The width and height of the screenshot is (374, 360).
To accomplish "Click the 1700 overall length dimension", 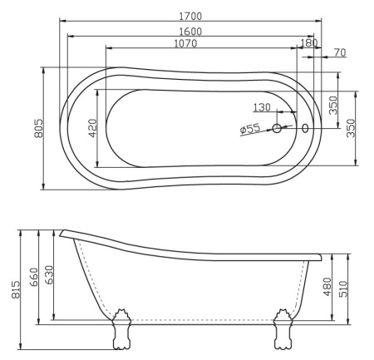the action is coord(190,16).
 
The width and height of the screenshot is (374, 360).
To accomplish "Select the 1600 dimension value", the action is coord(190,32).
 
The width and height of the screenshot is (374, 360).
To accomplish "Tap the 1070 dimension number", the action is coord(185,43).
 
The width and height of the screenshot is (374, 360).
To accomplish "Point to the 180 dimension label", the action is coord(309,42).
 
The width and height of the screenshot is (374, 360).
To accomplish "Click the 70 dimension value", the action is coord(340,52).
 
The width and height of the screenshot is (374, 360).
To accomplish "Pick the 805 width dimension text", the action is coord(39,128).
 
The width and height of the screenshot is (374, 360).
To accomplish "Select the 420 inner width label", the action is coord(93,128).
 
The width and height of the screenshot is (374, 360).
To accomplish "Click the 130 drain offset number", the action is coord(262,107).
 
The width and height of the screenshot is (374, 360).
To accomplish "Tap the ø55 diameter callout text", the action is coord(250,129).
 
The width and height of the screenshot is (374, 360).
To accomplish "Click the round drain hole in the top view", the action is coord(277,128).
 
